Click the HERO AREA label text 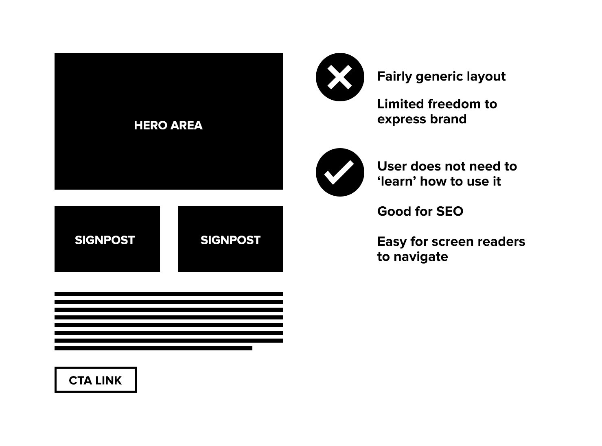(168, 125)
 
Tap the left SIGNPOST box (107, 239)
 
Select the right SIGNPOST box (230, 239)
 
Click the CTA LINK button (95, 380)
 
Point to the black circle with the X (340, 77)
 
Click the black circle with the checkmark (340, 172)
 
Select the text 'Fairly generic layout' (441, 77)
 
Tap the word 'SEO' (449, 212)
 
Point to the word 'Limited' (401, 104)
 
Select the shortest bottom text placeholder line (153, 348)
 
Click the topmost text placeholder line (169, 294)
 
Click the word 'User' (391, 166)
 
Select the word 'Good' (392, 212)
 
